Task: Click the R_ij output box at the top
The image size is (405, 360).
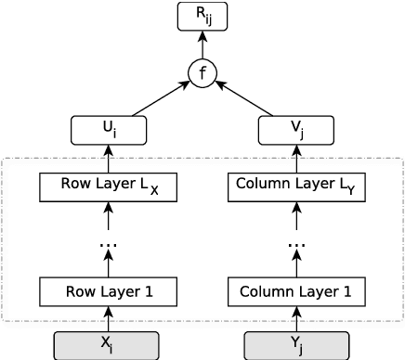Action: [x=202, y=16]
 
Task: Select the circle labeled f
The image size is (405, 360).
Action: [x=202, y=72]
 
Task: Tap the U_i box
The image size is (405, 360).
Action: [x=109, y=130]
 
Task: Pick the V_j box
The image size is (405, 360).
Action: [x=296, y=130]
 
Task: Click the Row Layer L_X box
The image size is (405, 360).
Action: [x=109, y=186]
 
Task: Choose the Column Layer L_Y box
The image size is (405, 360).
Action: [x=296, y=186]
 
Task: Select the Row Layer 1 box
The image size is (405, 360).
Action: [x=109, y=291]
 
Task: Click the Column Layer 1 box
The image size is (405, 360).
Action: [x=296, y=291]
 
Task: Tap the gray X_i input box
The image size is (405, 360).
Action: [x=109, y=345]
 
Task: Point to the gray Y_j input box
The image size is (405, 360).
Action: [x=296, y=345]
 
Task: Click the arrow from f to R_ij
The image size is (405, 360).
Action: [x=202, y=44]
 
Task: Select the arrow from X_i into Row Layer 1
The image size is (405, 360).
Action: [x=109, y=318]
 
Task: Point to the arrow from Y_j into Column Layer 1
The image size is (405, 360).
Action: [x=296, y=318]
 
